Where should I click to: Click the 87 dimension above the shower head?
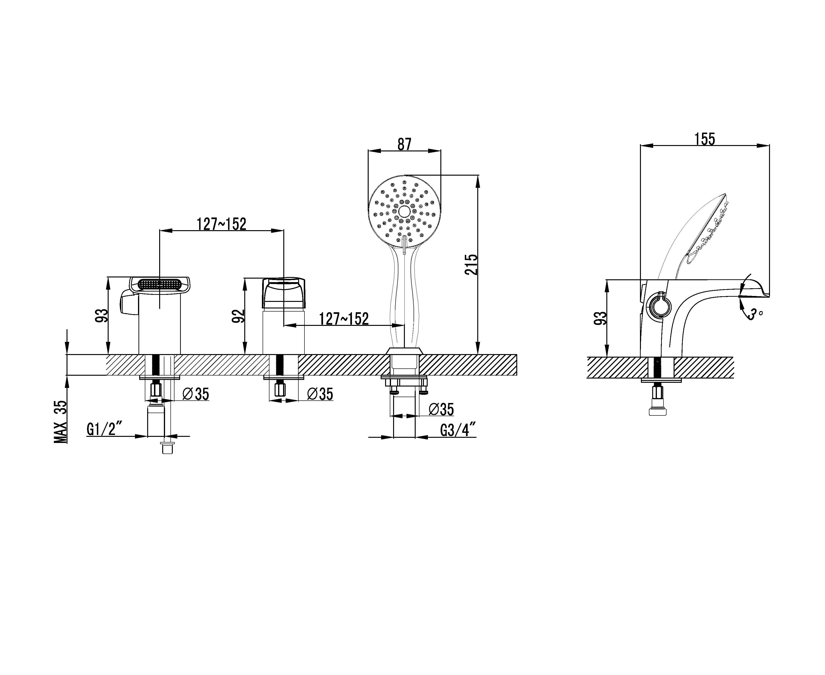point(404,144)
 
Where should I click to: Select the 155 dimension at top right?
point(705,139)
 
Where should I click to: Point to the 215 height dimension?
point(471,264)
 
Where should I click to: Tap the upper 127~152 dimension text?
point(221,224)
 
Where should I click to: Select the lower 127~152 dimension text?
point(344,319)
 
